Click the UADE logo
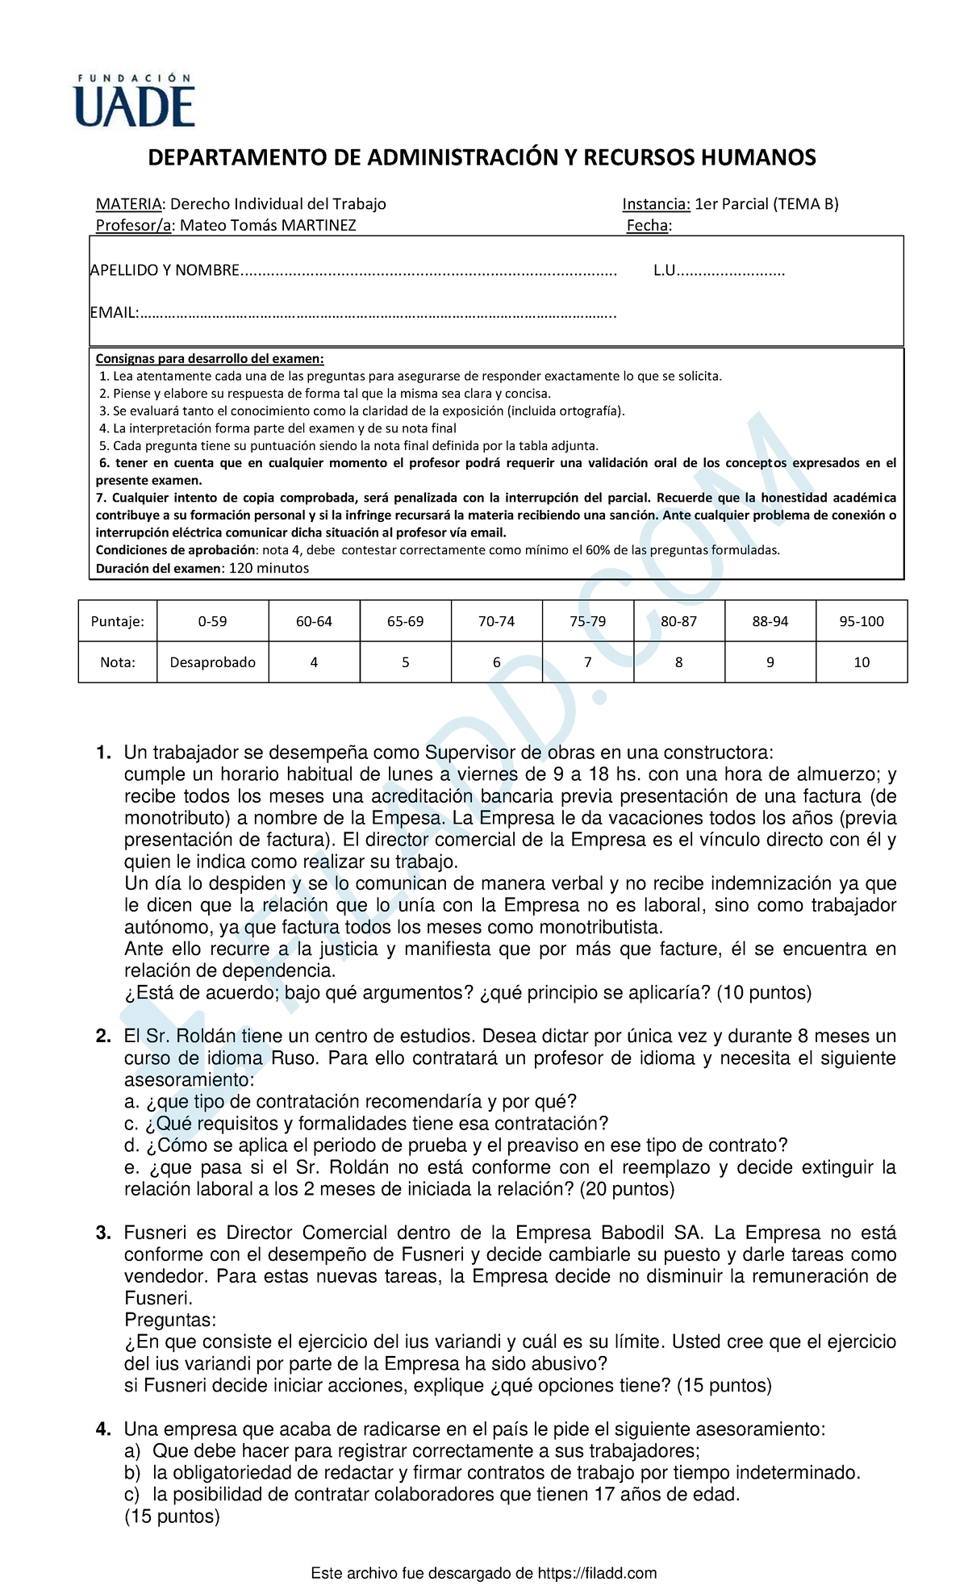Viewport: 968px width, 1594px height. click(134, 102)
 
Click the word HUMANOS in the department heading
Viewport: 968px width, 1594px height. click(757, 157)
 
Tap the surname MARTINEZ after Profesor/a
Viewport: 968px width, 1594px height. click(318, 225)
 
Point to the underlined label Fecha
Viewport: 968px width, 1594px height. click(647, 225)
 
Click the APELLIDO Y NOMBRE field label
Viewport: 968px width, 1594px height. click(165, 270)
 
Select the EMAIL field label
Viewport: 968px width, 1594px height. click(113, 313)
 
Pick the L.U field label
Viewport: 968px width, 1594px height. click(664, 270)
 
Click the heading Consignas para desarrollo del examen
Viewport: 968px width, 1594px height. click(210, 359)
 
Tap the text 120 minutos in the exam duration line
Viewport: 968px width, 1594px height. click(269, 568)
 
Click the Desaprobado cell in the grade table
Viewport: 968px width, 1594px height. click(212, 662)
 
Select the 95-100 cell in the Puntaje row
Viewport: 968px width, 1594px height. click(862, 621)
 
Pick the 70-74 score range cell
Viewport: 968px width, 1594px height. click(496, 621)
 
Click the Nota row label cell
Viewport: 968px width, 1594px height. click(118, 662)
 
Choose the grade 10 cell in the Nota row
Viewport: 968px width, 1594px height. click(862, 662)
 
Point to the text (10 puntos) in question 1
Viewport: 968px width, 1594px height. click(763, 993)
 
